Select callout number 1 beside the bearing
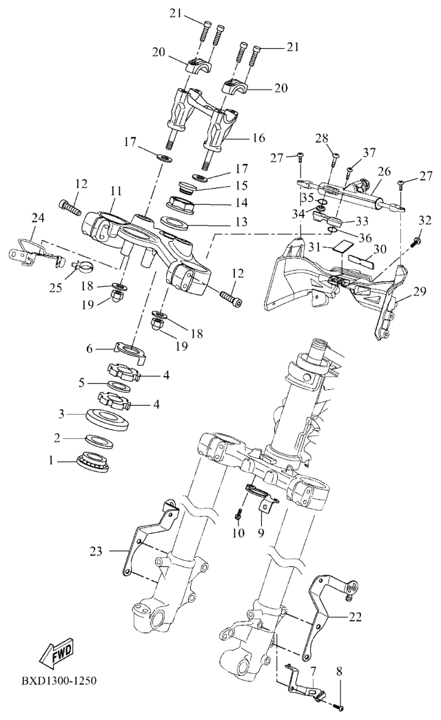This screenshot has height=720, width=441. coord(52,460)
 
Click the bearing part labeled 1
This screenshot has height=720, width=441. coord(93,462)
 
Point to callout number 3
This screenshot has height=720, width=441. coord(62,413)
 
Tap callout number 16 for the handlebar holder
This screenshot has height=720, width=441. coord(258,138)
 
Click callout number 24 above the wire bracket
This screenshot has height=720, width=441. coord(38,218)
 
